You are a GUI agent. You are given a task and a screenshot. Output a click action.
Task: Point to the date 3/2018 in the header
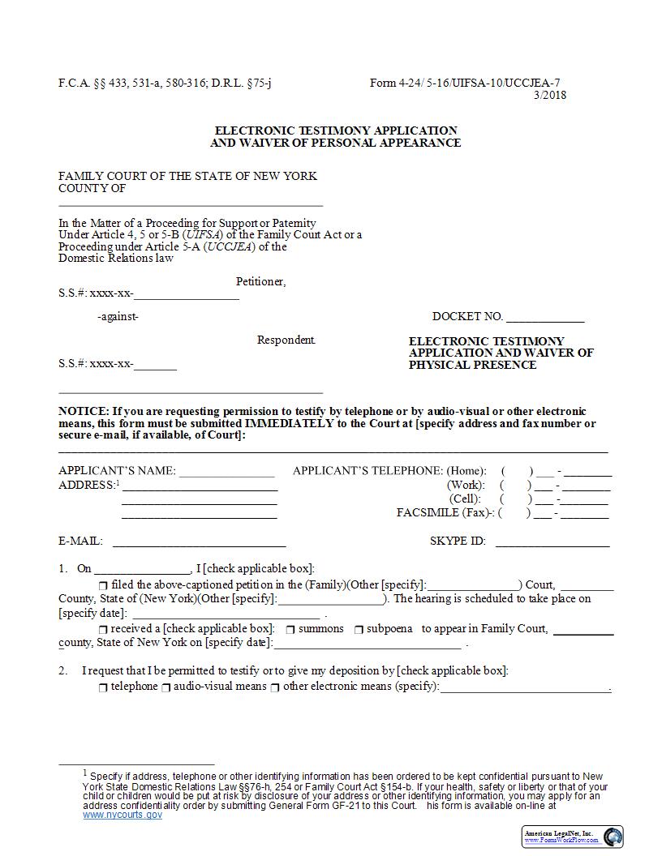[549, 95]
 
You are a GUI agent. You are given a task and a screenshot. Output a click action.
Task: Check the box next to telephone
[103, 687]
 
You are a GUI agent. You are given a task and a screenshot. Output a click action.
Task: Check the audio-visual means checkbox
[165, 687]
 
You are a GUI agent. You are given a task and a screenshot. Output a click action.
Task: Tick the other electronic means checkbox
[275, 687]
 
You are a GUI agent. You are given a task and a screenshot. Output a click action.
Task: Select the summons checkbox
[290, 630]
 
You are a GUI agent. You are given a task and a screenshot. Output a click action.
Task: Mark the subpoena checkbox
[359, 630]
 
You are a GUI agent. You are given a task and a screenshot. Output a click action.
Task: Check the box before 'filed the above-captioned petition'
[103, 585]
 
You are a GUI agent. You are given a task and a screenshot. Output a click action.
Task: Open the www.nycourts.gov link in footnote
[123, 815]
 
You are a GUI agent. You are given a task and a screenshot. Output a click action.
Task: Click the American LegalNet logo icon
[613, 836]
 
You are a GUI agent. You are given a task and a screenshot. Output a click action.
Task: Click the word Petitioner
[260, 282]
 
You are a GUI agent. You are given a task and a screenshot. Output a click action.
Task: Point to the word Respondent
[286, 340]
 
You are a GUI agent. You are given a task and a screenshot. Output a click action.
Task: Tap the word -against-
[118, 317]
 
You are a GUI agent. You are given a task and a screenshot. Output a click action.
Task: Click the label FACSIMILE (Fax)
[445, 512]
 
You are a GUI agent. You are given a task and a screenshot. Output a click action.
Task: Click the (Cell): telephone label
[465, 499]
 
